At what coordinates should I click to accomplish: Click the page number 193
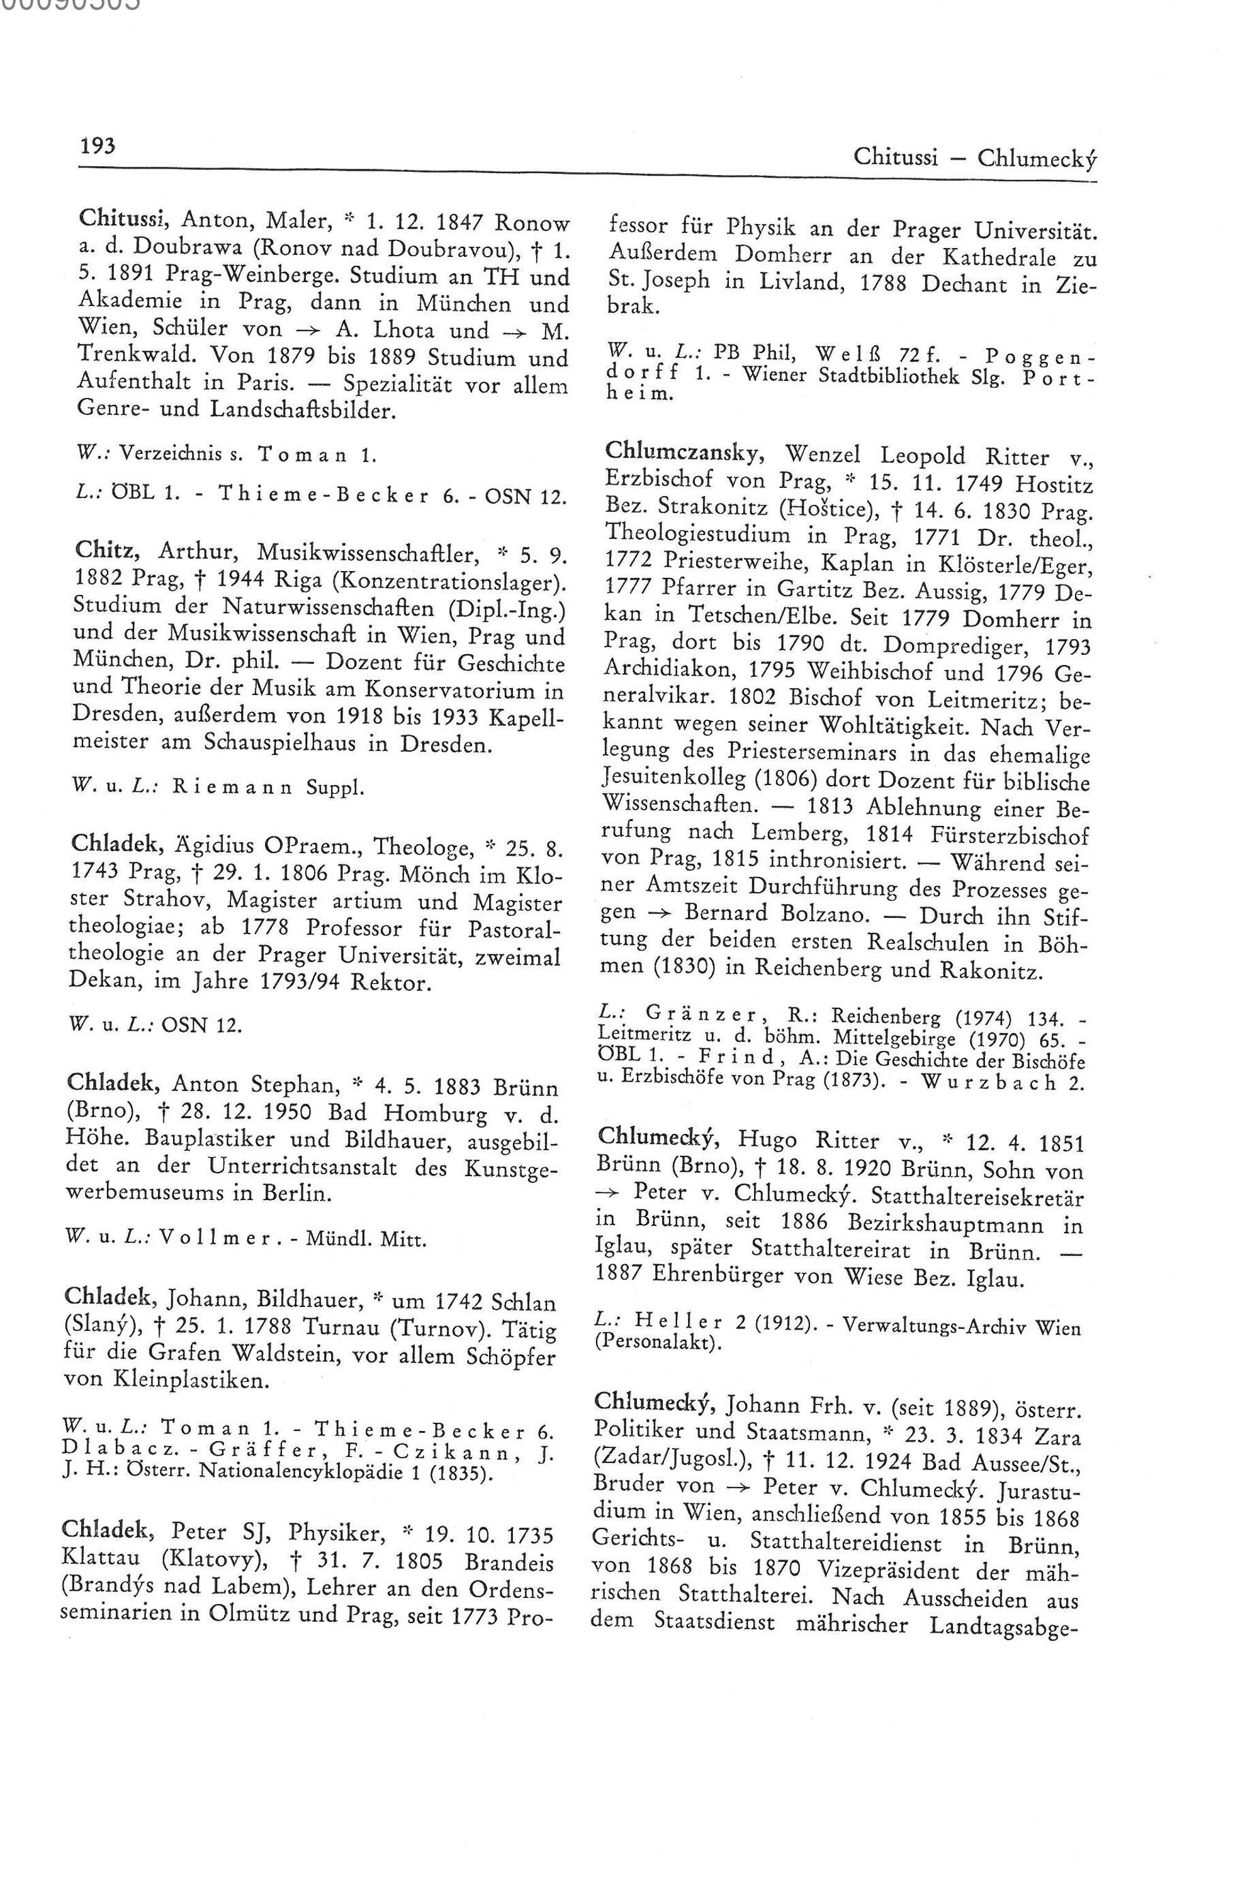click(x=97, y=147)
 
